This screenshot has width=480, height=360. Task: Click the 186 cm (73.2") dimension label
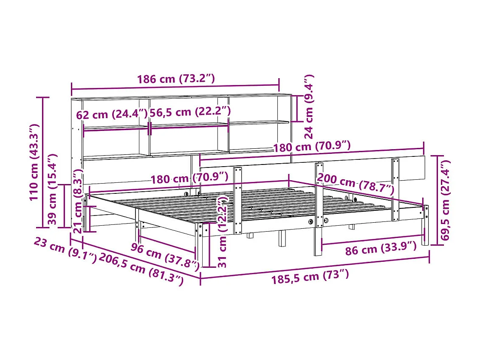(176, 79)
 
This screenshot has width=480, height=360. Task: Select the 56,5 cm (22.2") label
(190, 112)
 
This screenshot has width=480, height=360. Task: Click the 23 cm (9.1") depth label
(65, 250)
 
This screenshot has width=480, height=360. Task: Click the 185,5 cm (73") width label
(310, 277)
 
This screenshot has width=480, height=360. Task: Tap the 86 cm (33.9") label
(381, 248)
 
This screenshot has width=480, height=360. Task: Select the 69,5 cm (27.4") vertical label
(446, 200)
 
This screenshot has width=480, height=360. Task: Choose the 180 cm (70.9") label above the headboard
(311, 147)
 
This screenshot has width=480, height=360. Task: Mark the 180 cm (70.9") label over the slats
(189, 177)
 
